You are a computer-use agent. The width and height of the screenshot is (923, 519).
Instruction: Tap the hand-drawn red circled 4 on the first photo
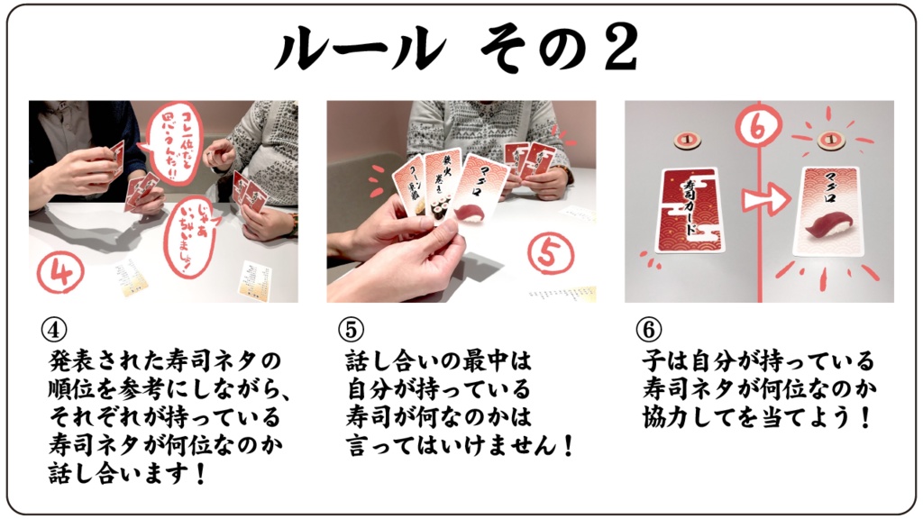click(x=60, y=268)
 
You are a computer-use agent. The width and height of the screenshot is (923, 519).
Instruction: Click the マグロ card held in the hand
click(x=479, y=204)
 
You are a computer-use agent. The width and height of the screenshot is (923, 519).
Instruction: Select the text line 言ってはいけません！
click(x=460, y=446)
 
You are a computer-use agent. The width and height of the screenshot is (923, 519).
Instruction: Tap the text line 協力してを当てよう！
click(x=757, y=418)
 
